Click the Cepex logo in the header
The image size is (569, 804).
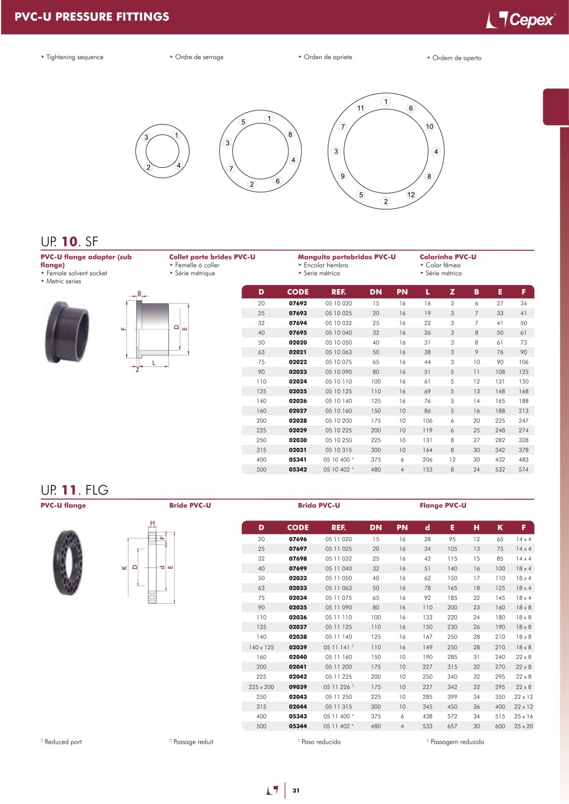(521, 19)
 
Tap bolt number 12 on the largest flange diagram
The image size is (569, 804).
(411, 195)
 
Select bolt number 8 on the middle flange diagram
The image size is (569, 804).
(290, 134)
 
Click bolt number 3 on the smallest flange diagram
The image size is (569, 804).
(146, 137)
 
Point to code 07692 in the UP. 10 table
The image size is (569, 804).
(298, 303)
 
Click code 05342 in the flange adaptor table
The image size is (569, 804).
(298, 469)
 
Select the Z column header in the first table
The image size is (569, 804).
(452, 292)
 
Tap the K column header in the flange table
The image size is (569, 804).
(500, 527)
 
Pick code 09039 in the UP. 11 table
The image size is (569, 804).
(298, 687)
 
